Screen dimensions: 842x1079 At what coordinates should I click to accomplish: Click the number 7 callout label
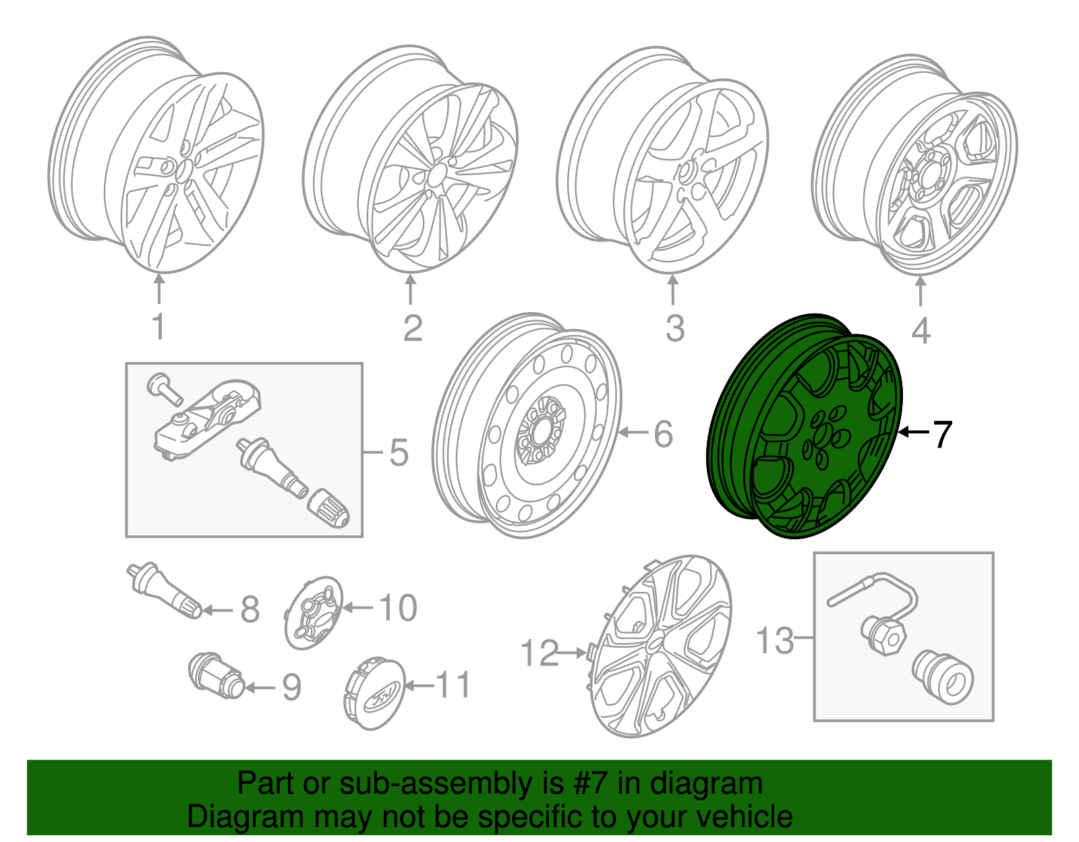tap(942, 434)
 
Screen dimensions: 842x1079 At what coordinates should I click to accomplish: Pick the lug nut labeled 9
tap(214, 676)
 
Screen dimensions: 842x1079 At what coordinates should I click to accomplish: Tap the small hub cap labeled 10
tap(313, 613)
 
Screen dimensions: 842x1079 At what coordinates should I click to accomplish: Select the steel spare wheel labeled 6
tap(526, 425)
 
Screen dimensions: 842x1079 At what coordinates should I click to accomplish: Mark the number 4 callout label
tap(921, 330)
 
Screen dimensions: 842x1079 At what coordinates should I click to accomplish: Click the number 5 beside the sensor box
tap(399, 452)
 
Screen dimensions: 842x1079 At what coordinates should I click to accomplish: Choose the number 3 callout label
tap(674, 328)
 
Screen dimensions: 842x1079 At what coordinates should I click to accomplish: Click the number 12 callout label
tap(539, 653)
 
